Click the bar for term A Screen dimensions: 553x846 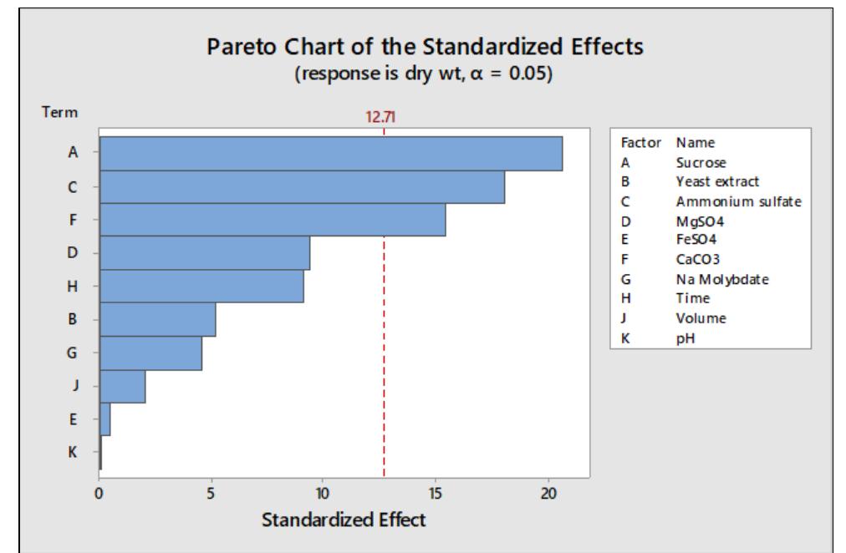pyautogui.click(x=330, y=154)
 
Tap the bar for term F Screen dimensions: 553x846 pyautogui.click(x=272, y=221)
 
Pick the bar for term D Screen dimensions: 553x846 pyautogui.click(x=204, y=253)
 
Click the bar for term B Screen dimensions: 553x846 pyautogui.click(x=157, y=319)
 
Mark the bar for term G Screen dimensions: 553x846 pyautogui.click(x=150, y=353)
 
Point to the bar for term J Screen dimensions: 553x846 pyautogui.click(x=122, y=386)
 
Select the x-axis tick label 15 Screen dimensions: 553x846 pyautogui.click(x=436, y=494)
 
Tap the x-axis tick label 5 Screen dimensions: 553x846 pyautogui.click(x=211, y=494)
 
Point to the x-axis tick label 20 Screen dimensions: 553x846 pyautogui.click(x=548, y=494)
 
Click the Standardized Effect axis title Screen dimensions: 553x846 pyautogui.click(x=344, y=520)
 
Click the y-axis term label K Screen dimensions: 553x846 pyautogui.click(x=73, y=452)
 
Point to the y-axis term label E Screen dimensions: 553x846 pyautogui.click(x=73, y=419)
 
